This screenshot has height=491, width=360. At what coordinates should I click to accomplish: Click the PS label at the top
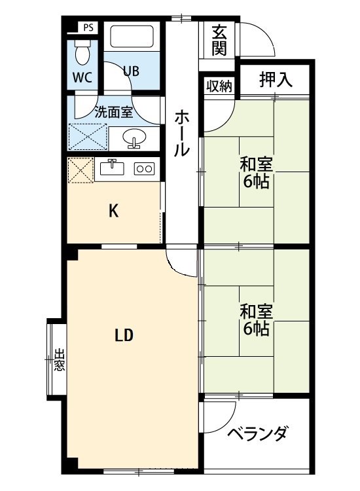(x=87, y=27)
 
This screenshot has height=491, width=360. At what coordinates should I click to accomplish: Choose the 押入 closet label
(x=275, y=80)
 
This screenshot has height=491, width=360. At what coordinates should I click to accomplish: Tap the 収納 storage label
(x=219, y=86)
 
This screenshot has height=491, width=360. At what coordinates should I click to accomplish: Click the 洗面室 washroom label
(x=114, y=111)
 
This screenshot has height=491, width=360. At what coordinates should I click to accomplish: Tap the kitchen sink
(x=113, y=168)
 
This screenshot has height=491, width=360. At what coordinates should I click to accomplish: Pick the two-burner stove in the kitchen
(x=143, y=168)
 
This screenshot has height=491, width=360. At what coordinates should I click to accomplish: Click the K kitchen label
(x=113, y=211)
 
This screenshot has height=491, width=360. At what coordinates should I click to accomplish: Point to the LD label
(x=124, y=336)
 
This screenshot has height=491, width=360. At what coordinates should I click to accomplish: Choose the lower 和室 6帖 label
(x=256, y=319)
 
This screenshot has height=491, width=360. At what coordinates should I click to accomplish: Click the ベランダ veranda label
(x=257, y=433)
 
